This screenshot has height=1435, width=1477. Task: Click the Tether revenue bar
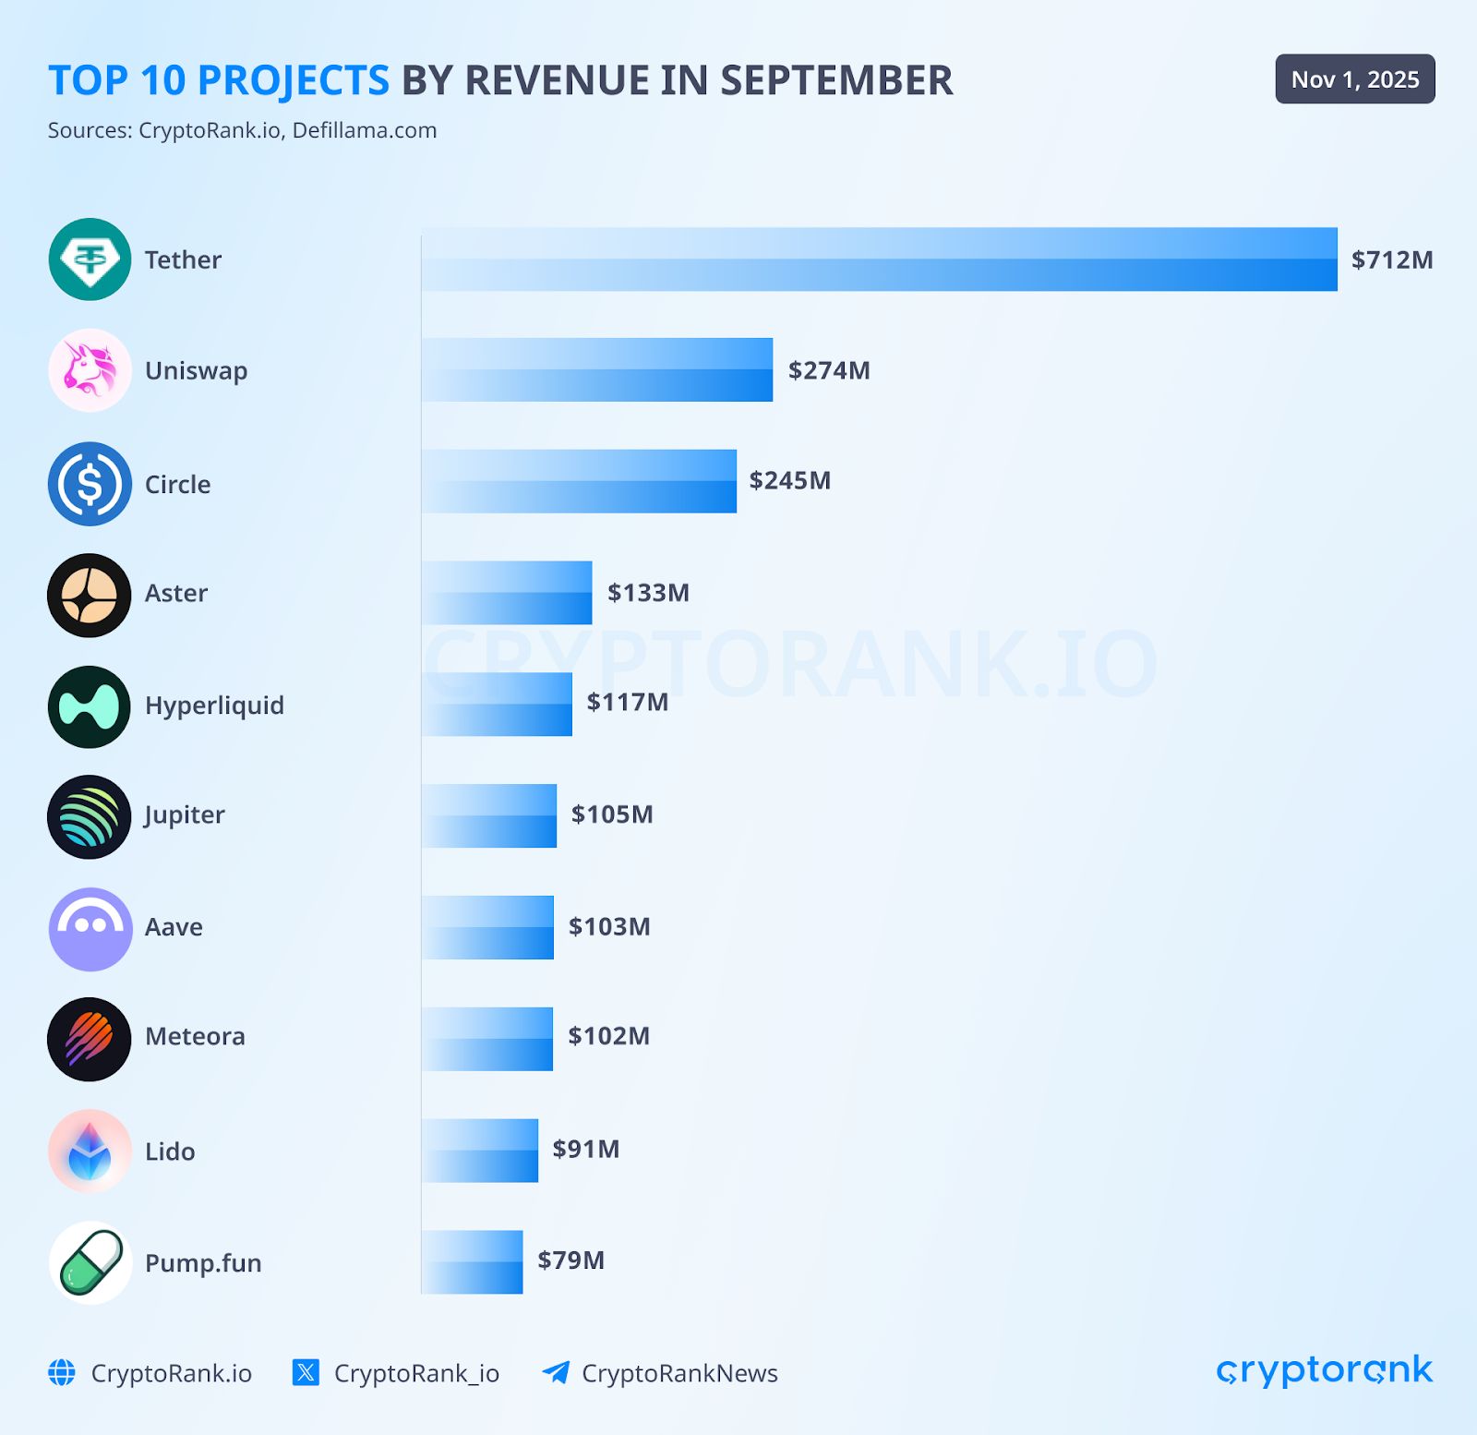879,259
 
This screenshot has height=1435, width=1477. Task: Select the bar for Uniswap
597,369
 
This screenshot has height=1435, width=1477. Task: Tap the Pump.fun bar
472,1261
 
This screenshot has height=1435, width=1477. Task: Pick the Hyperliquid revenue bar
497,704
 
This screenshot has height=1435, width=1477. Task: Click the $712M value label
1392,259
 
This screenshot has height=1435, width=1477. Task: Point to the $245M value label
790,480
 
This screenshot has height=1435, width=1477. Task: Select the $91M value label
586,1149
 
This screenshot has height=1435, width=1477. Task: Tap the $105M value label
612,814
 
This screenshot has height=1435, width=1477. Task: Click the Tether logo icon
90,259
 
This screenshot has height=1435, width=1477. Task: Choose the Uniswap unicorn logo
90,370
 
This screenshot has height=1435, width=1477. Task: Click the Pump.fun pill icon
90,1262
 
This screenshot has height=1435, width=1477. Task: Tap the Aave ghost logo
90,928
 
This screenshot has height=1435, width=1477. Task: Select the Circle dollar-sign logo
90,484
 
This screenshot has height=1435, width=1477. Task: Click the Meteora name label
195,1036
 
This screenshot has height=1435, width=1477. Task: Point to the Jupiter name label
185,814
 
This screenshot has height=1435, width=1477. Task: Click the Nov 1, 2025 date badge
1355,79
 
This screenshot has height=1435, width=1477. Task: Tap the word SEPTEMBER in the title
836,80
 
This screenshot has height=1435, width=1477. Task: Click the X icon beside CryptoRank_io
306,1372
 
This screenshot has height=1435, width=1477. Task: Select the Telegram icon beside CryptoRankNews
556,1372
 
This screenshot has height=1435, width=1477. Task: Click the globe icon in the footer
62,1372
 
